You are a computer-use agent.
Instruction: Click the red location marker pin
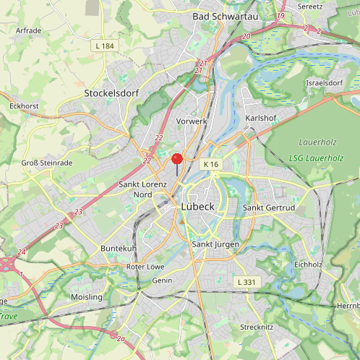coord(177,160)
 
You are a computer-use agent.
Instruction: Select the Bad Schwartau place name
coord(220,15)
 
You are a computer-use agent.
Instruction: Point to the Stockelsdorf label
coord(111,93)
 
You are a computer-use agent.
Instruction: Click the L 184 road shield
coord(104,46)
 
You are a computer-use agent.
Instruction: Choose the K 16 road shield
coord(210,165)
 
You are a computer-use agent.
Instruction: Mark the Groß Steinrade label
coord(47,163)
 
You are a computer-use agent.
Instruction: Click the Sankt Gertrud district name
coord(268,208)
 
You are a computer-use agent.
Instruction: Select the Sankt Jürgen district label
coord(215,244)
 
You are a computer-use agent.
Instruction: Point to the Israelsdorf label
coord(324,83)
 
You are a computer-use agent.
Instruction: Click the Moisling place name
coord(87,297)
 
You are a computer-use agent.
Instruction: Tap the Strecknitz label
coord(256,327)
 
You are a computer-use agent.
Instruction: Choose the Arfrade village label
coord(28,30)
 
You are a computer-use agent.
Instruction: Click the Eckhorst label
coord(23,106)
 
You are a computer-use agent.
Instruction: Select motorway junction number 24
coord(22,252)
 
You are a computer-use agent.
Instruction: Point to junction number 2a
coord(121,338)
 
